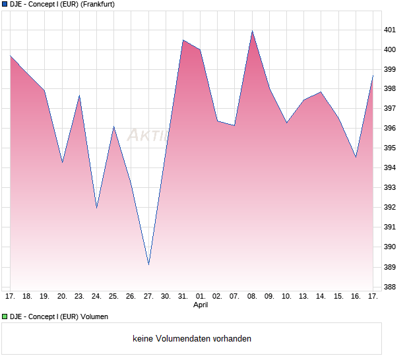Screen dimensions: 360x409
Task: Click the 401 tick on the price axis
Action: tap(390, 30)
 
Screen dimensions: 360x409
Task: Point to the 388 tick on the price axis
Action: tap(390, 287)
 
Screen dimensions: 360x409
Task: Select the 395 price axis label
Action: tap(390, 148)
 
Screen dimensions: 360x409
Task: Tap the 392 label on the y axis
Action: tap(390, 208)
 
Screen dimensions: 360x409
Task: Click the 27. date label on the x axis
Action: tap(148, 297)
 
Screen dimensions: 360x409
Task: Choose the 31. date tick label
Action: tap(183, 297)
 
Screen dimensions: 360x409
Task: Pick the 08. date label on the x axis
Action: tap(252, 297)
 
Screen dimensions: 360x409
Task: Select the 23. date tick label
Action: tap(79, 297)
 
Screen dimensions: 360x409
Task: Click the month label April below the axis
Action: tap(201, 305)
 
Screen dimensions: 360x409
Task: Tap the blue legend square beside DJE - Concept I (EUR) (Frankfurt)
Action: tap(5, 5)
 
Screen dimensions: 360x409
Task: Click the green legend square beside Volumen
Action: tap(5, 317)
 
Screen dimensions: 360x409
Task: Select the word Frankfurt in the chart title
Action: tap(96, 5)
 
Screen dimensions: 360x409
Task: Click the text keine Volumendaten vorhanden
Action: tap(192, 339)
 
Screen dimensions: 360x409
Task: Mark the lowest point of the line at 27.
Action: tap(148, 265)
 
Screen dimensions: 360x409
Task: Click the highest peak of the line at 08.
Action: tap(252, 31)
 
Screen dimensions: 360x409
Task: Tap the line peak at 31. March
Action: tap(183, 40)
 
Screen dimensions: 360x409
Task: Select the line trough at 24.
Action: tap(96, 208)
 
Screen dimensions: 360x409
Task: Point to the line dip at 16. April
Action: tap(356, 158)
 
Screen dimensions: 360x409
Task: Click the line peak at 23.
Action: tap(79, 96)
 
